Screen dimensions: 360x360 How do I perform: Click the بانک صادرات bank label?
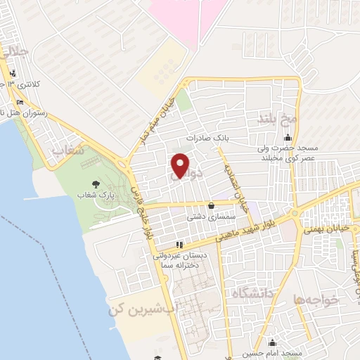point(209,139)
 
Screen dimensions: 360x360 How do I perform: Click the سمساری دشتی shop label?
point(205,217)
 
